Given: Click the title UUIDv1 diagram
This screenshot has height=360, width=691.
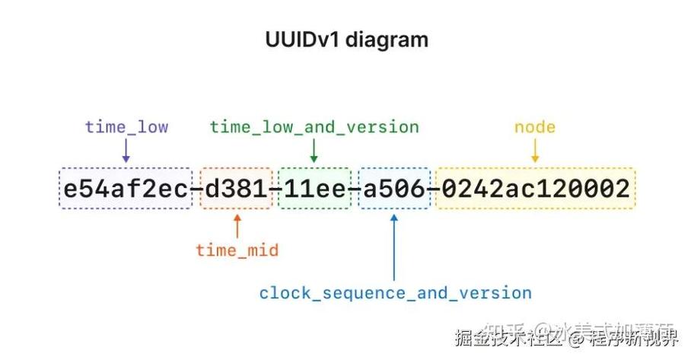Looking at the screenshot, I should pyautogui.click(x=346, y=40).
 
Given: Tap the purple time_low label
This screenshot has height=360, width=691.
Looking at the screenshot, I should pyautogui.click(x=126, y=127).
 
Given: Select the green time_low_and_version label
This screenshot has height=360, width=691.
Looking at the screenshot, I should pyautogui.click(x=314, y=127).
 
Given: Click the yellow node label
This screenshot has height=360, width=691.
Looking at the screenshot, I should pyautogui.click(x=535, y=127).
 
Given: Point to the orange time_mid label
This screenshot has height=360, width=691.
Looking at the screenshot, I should pyautogui.click(x=237, y=250).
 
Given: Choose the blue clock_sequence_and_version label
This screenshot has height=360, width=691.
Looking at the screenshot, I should pyautogui.click(x=395, y=293).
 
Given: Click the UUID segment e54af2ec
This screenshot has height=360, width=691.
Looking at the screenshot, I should pyautogui.click(x=126, y=189).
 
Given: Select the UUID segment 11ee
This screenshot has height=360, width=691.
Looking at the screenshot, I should pyautogui.click(x=314, y=189).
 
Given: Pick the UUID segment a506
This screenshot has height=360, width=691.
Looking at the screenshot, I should pyautogui.click(x=393, y=189).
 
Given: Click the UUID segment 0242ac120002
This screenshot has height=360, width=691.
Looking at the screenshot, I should pyautogui.click(x=535, y=189).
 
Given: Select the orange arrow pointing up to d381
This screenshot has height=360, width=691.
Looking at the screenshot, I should pyautogui.click(x=237, y=226).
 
